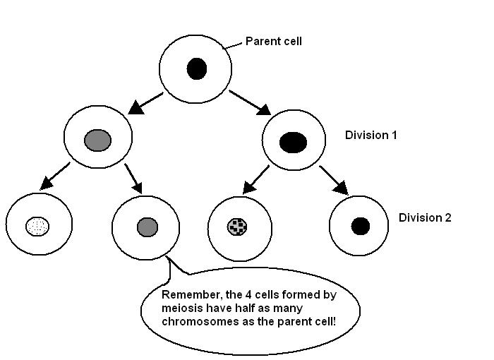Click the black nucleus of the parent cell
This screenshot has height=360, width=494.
[196, 69]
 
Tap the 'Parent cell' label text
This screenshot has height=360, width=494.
[273, 42]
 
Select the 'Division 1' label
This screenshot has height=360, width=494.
[370, 134]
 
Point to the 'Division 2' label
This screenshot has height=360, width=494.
[425, 217]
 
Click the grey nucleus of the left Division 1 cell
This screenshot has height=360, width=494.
[97, 140]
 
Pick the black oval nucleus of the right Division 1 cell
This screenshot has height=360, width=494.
[293, 143]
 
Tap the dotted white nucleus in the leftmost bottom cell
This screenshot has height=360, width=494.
[38, 227]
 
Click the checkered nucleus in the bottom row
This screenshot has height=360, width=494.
[238, 226]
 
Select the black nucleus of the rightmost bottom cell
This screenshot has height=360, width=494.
[360, 226]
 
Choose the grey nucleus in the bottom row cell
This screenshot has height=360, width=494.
[147, 227]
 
